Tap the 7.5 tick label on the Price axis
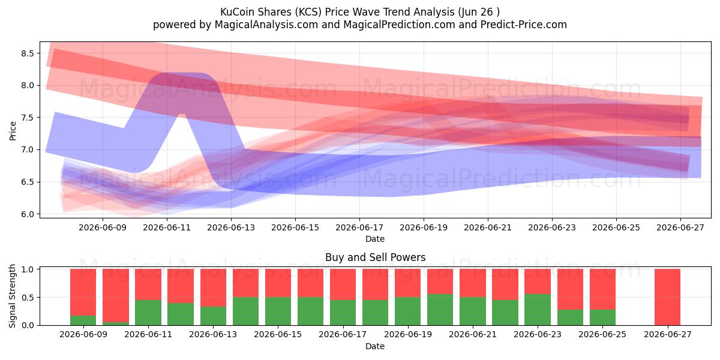pos(28,118)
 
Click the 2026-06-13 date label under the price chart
pos(231,227)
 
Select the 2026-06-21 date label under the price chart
pos(488,227)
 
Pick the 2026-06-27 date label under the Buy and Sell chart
pos(668,334)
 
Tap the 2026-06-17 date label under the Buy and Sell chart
pos(343,334)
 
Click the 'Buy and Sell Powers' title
pos(376,257)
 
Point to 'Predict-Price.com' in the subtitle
pos(524,25)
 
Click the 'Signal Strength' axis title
pos(12,296)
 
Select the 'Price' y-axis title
pos(13,131)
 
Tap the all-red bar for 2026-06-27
pos(668,297)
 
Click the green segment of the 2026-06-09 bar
pos(83,320)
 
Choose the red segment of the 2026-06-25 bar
pos(602,289)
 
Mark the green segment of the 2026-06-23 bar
pos(538,310)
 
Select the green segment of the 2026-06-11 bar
pos(148,313)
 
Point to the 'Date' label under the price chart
pos(375,239)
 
